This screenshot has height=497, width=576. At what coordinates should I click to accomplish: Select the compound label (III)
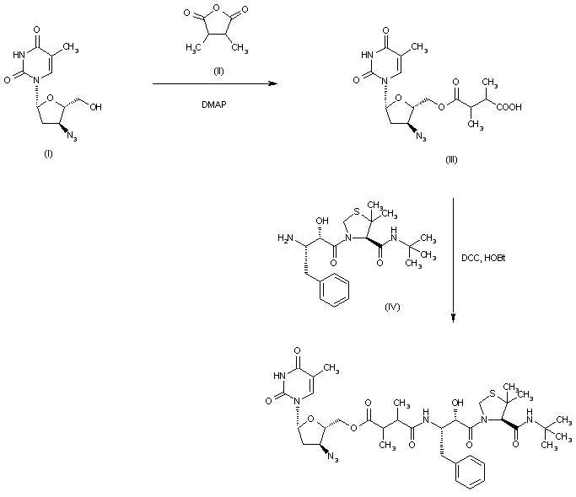pyautogui.click(x=451, y=160)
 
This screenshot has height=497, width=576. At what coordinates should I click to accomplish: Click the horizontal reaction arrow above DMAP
pyautogui.click(x=215, y=85)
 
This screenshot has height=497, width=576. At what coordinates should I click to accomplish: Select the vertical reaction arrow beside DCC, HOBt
pyautogui.click(x=454, y=261)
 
